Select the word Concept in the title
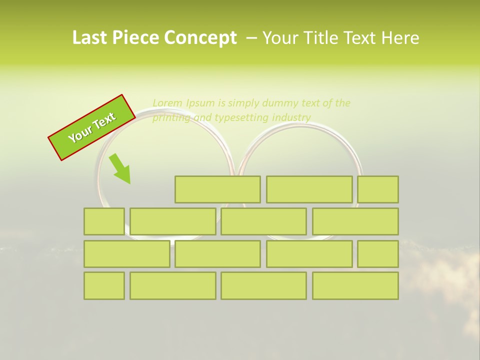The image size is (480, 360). click(x=201, y=38)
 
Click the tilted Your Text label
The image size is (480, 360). click(x=92, y=128)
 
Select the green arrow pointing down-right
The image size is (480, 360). click(x=120, y=169)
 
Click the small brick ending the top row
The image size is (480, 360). click(x=378, y=189)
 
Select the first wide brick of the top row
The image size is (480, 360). click(x=217, y=189)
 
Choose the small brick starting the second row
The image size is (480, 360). click(x=104, y=221)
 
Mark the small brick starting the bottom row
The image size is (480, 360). click(x=104, y=285)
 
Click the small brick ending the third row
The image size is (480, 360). click(x=378, y=253)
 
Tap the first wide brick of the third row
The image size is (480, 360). click(x=126, y=253)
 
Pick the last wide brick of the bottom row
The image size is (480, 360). click(x=355, y=285)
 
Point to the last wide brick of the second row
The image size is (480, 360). click(x=355, y=221)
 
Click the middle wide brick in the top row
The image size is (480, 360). click(x=309, y=189)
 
